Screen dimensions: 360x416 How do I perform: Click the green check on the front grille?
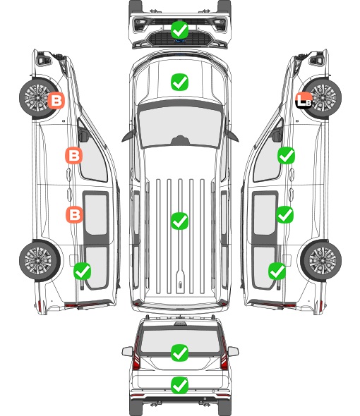coord(179,30)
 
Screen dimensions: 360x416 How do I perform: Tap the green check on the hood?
coord(179,82)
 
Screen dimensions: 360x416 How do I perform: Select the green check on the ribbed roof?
coord(179,221)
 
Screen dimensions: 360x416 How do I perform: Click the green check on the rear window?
coord(179,353)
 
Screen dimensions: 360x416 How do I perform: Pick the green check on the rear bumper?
coord(179,385)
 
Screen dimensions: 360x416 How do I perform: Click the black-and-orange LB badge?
coord(304,100)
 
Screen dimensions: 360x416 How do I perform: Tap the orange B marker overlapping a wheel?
coord(56,100)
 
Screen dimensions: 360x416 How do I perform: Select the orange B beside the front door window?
coord(73,155)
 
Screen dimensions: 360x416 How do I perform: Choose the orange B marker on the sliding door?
coord(74,214)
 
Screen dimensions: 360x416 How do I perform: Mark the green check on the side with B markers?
coord(82,271)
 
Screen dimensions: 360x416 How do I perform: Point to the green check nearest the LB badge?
coord(286,155)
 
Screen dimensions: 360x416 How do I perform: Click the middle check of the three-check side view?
coord(284,214)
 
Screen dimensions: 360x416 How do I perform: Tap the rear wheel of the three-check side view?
coord(321,260)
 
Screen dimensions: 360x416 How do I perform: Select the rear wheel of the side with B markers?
coord(40,260)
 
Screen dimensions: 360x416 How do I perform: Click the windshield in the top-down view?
coord(180,126)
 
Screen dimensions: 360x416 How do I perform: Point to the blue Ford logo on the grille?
coord(179,41)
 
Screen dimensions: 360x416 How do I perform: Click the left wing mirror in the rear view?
coord(127,352)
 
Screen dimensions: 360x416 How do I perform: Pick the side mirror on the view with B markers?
coord(83,135)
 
